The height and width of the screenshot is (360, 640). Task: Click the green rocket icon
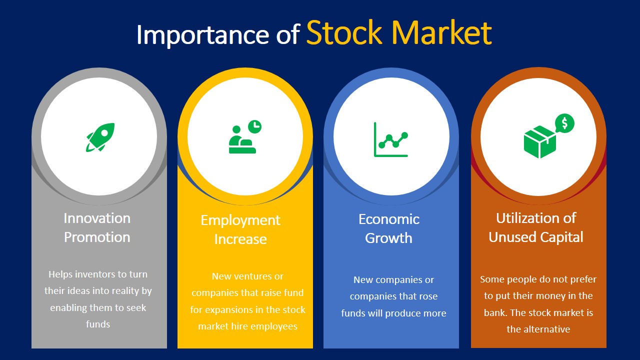tap(100, 136)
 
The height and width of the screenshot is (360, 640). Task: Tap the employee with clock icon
tap(244, 138)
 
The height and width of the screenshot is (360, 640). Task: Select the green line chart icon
tap(391, 139)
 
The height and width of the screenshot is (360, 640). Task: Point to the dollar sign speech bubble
tap(564, 123)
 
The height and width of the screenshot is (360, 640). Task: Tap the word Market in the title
tap(445, 33)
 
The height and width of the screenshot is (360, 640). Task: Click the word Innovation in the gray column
tap(97, 218)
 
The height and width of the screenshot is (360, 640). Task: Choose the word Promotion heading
tap(97, 237)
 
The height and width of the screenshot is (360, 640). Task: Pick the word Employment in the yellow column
tap(240, 220)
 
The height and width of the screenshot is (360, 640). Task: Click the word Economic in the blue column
tap(389, 219)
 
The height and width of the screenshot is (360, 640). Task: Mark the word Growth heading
tap(389, 238)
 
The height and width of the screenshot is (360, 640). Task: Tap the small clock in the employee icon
tap(255, 126)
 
